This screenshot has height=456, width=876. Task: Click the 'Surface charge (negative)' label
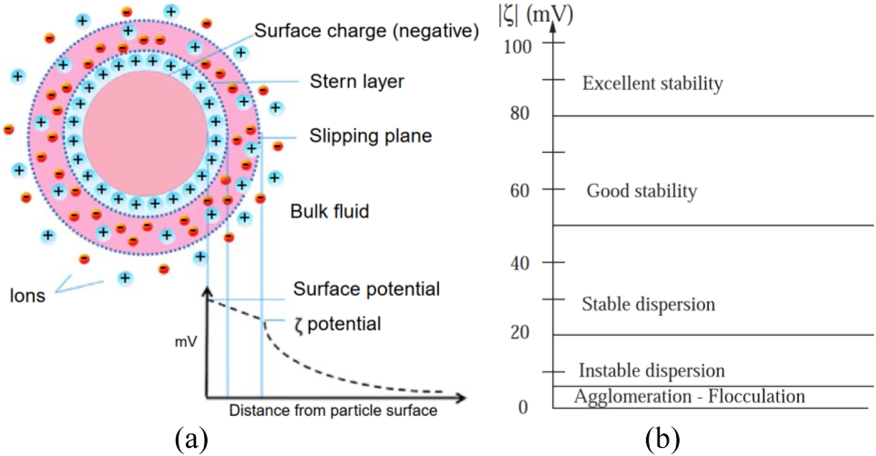pos(366,31)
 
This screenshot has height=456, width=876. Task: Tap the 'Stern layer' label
pos(357,81)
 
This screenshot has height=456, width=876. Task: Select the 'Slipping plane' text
pos(370,136)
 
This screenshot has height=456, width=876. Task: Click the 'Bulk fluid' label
pos(329,211)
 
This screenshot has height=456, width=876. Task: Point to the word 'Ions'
pos(27,295)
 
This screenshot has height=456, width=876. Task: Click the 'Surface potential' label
pos(366,289)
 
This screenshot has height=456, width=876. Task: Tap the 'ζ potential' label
pos(338,324)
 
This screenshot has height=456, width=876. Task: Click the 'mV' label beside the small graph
pos(185,342)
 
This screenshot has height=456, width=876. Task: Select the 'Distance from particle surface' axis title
pos(333,411)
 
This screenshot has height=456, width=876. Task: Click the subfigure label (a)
pos(191,439)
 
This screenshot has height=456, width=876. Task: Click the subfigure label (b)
pos(662,439)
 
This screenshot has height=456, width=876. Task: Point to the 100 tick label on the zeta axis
pos(517,47)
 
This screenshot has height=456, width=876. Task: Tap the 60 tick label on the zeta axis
pos(519,191)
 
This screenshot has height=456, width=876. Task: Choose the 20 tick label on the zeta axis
pos(519,332)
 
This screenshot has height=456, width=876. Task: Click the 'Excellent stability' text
pos(652,84)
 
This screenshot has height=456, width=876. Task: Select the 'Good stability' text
pos(642,191)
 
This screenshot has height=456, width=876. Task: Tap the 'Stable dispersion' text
pos(648,304)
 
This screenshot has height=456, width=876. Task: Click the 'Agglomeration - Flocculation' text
pos(689,396)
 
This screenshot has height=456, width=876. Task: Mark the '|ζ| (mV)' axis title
pos(535,15)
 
